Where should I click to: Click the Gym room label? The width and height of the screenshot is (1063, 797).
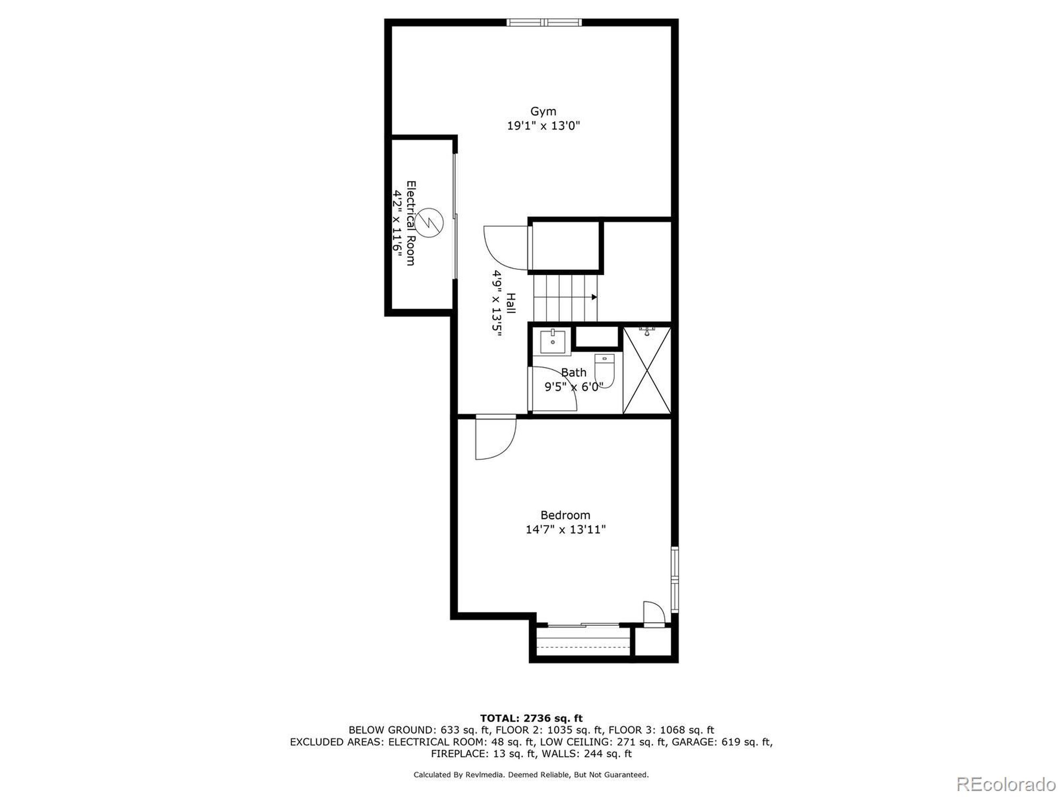coord(543,111)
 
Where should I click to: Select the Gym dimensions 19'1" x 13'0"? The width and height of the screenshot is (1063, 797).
coord(544,126)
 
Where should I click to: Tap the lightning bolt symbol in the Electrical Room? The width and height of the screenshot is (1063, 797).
coord(429,222)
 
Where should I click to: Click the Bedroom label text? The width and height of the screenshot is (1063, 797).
coord(565,515)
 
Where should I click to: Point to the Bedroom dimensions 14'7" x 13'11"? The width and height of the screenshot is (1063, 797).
coord(565,529)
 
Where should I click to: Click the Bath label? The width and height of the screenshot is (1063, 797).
coord(573,372)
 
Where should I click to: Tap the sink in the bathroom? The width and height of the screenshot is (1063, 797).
coord(553,342)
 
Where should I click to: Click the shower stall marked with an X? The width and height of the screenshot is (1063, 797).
coord(647,370)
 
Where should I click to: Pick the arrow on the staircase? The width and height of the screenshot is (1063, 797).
coord(594,297)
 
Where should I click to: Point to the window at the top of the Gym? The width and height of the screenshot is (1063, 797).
coord(544,22)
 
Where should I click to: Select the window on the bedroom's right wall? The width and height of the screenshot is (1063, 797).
coord(675,579)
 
